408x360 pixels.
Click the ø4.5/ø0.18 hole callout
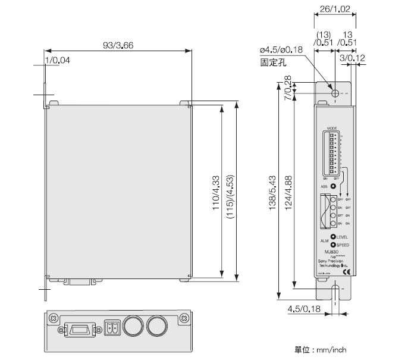coord(282,49)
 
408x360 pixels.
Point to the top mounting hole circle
coord(335,94)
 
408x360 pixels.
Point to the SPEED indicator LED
coord(333,245)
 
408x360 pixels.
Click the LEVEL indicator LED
coord(333,237)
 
